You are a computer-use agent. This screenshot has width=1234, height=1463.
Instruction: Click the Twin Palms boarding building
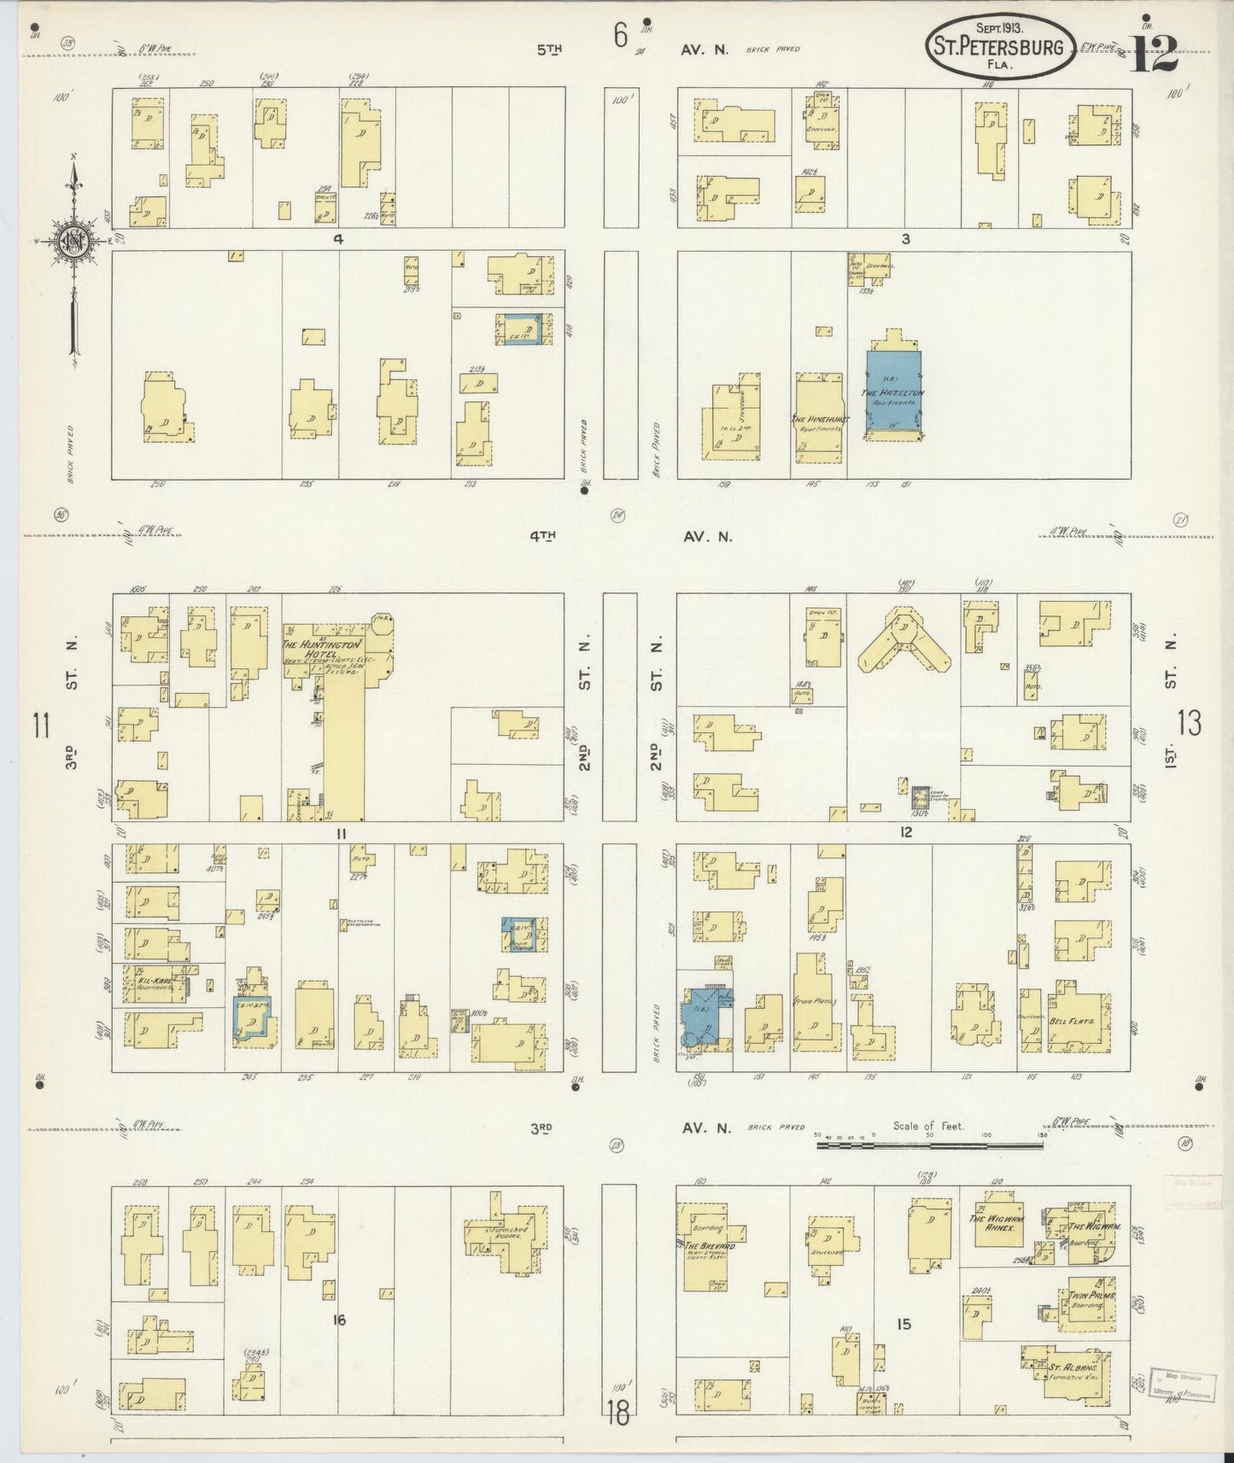[1085, 1308]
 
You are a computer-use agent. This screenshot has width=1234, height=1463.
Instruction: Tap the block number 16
[339, 1320]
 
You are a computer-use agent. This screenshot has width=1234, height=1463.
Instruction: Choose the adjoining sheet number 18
[618, 1413]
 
